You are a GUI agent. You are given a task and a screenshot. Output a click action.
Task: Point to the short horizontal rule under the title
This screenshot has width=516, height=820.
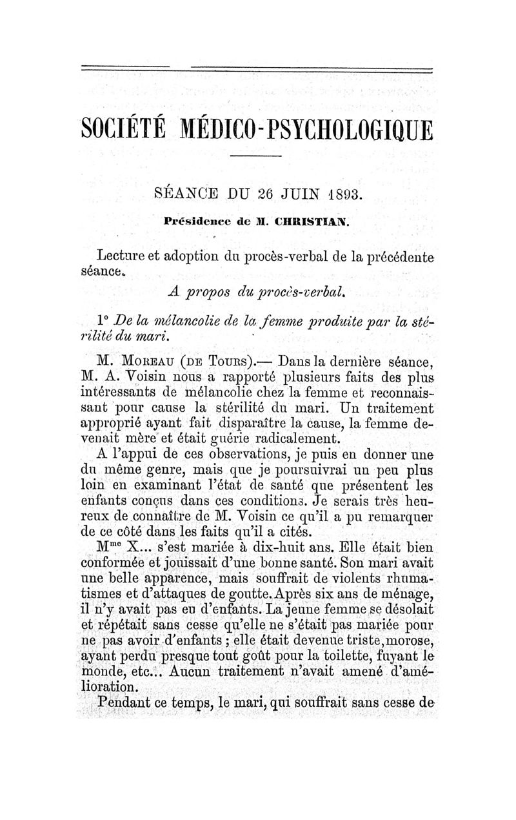pyautogui.click(x=256, y=157)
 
